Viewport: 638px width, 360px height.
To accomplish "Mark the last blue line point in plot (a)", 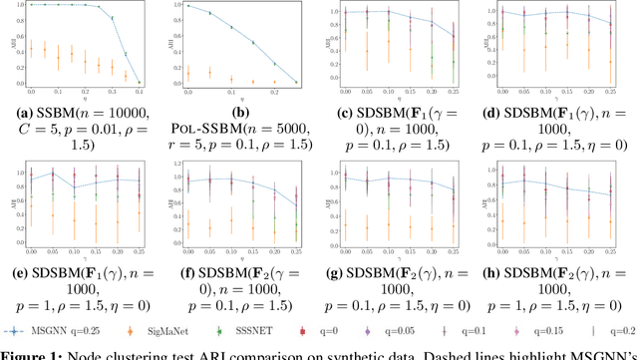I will [139, 81].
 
